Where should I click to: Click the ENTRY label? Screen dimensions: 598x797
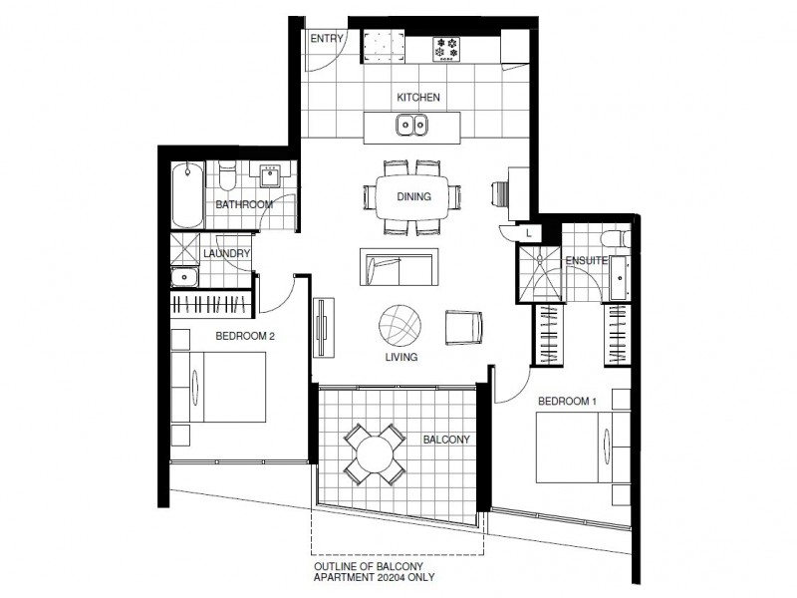coord(327,39)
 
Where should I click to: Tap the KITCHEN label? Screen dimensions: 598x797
coord(417,98)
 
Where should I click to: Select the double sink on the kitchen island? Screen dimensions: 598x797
coord(412,126)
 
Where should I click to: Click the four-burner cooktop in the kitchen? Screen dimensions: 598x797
coord(444,46)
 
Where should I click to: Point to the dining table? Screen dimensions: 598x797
coord(413,196)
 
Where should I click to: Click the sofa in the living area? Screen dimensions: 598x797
coord(398,267)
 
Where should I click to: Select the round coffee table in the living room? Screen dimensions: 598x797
coord(400,325)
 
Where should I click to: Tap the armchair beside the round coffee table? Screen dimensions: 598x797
coord(464,327)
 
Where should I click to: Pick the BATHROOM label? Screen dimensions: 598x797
coord(244,204)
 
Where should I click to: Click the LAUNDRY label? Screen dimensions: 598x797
coord(225,253)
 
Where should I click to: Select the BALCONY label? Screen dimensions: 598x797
coord(445,438)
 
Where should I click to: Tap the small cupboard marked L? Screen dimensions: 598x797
coord(529,233)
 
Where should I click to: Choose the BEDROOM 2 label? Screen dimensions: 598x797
coord(245,336)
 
